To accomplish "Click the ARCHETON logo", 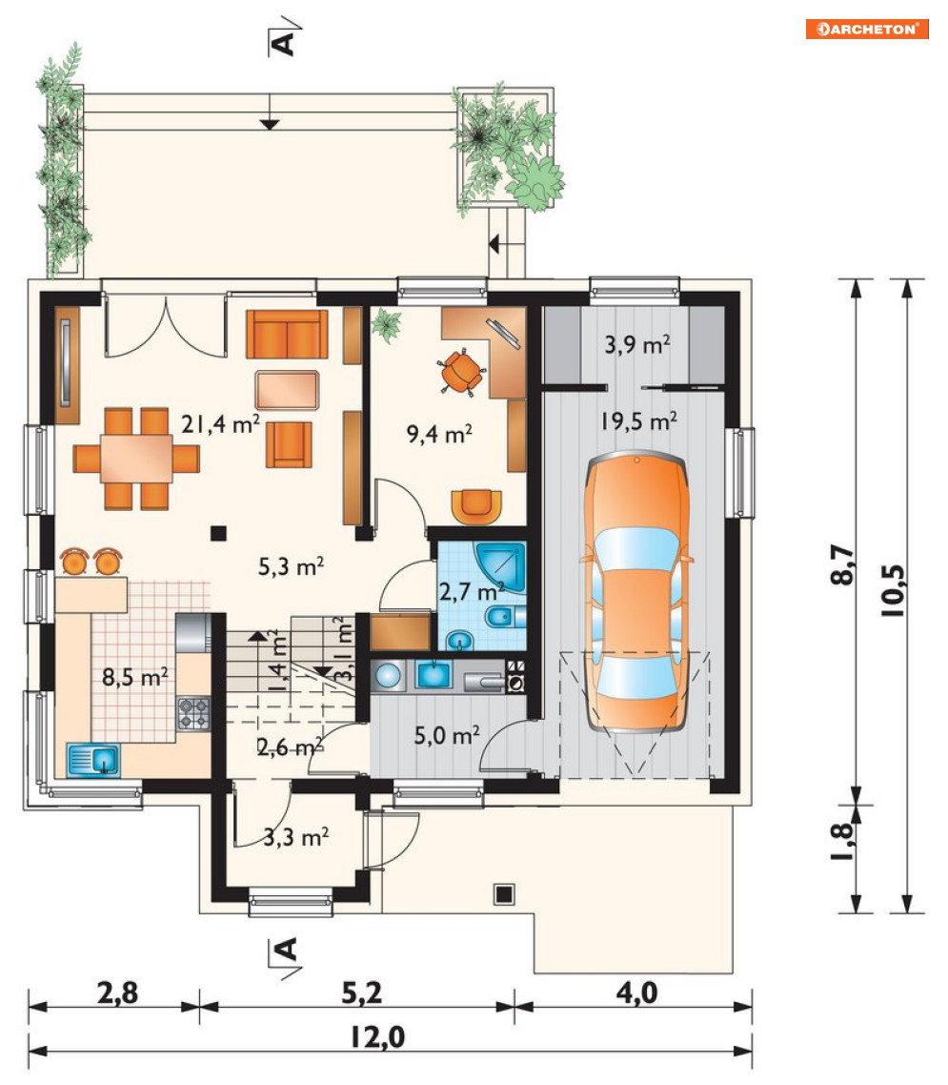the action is pyautogui.click(x=866, y=29).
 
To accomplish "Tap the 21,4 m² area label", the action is pyautogui.click(x=220, y=423).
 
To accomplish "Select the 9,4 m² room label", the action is pyautogui.click(x=439, y=434).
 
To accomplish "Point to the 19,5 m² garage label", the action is pyautogui.click(x=638, y=420).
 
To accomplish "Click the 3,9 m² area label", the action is pyautogui.click(x=636, y=344).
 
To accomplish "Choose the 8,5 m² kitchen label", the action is pyautogui.click(x=135, y=676).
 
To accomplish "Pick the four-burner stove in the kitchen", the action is pyautogui.click(x=192, y=713).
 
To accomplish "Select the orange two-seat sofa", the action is pyautogui.click(x=286, y=335).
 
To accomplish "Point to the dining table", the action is pyautogui.click(x=136, y=458).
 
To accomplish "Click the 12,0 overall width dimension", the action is pyautogui.click(x=377, y=1036).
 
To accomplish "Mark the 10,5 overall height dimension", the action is pyautogui.click(x=892, y=590).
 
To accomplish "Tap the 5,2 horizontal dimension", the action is pyautogui.click(x=362, y=993).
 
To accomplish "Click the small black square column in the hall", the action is pyautogui.click(x=218, y=532).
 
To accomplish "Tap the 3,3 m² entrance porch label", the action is pyautogui.click(x=296, y=837).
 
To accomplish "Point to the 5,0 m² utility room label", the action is pyautogui.click(x=447, y=735).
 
